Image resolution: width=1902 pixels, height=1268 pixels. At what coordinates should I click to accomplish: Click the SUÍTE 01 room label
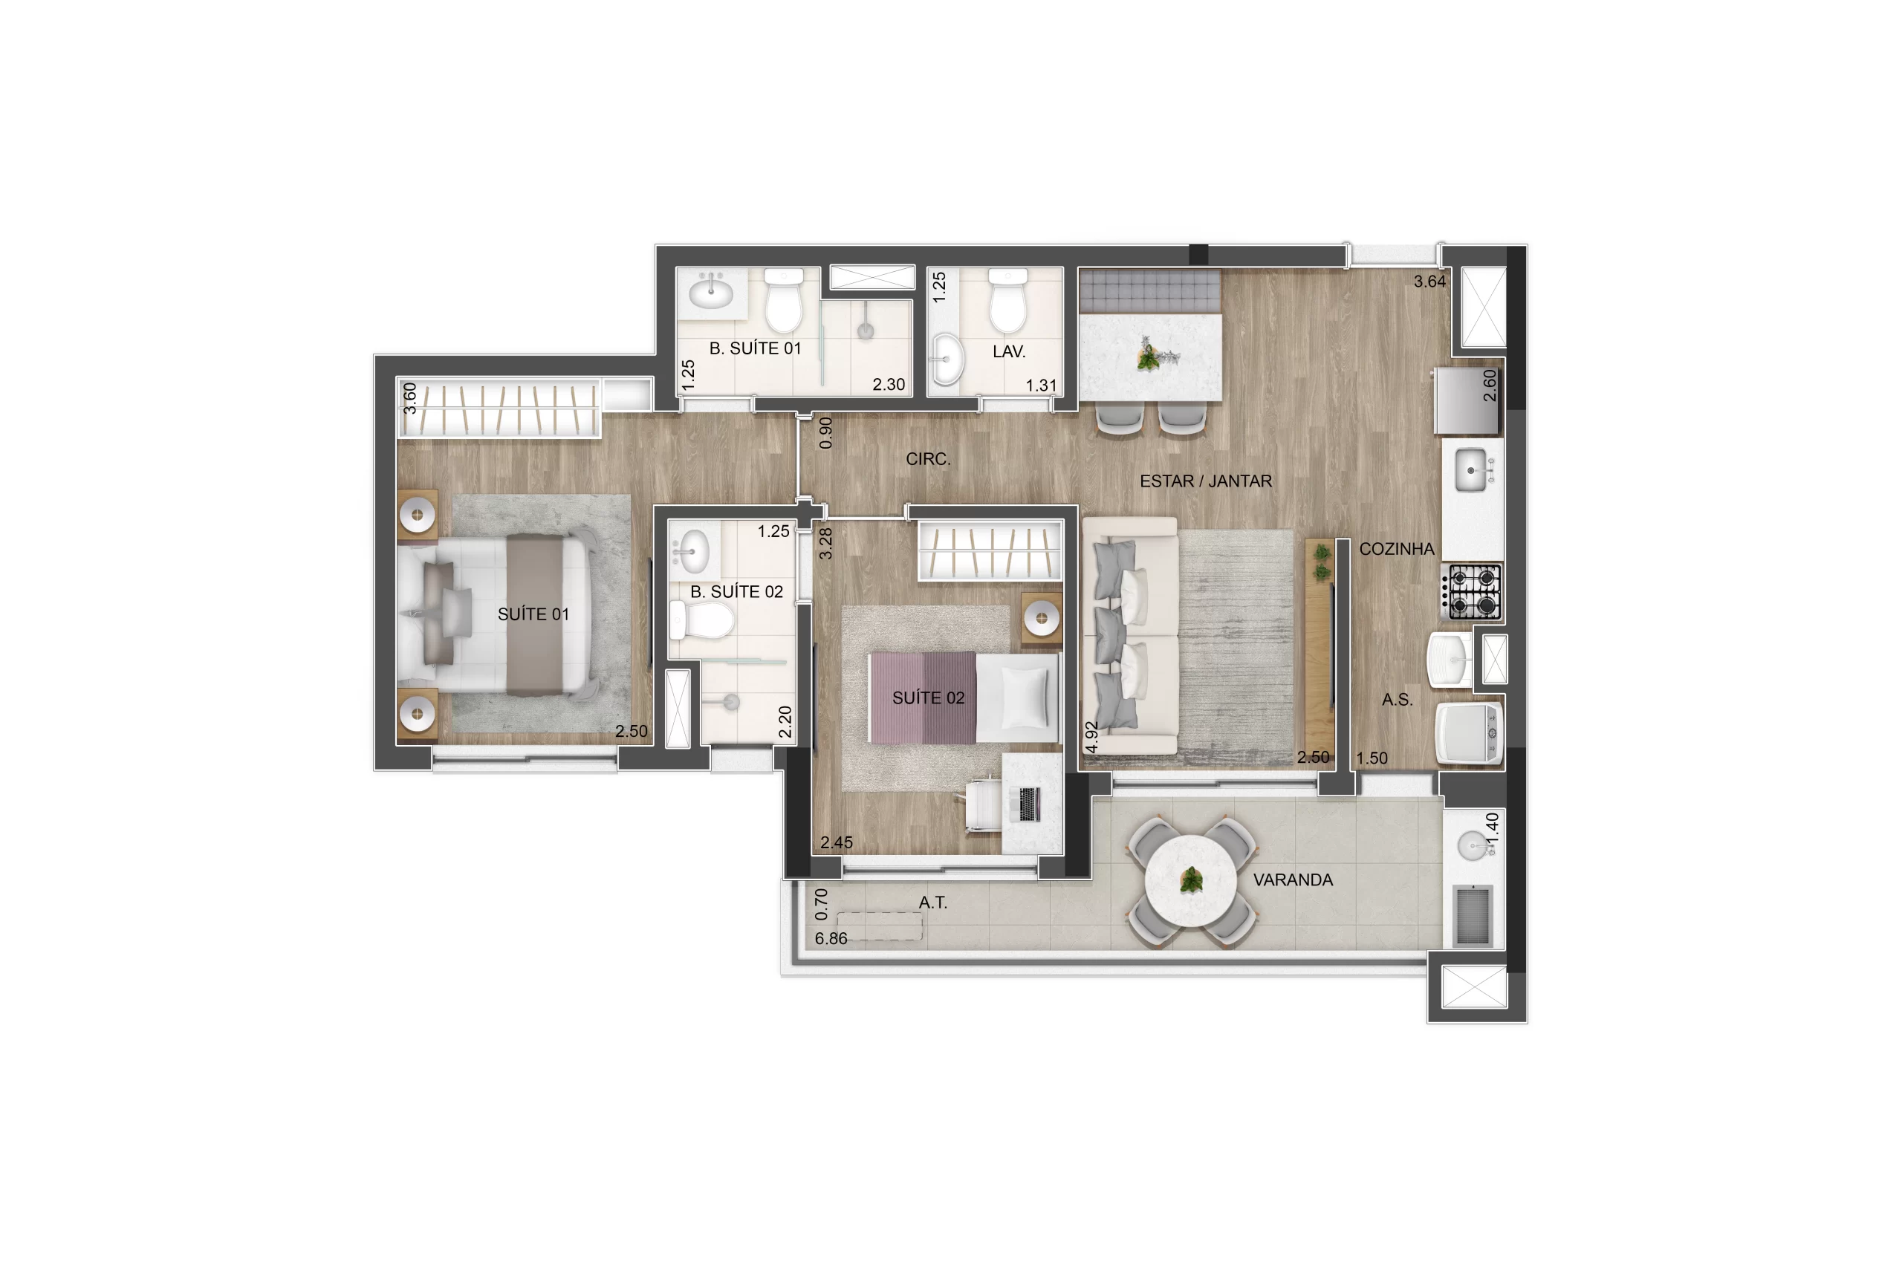pyautogui.click(x=533, y=614)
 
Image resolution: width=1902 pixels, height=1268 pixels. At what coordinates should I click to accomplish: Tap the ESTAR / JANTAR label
pyautogui.click(x=1206, y=481)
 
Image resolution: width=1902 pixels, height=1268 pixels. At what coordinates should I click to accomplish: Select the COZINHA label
pyautogui.click(x=1397, y=549)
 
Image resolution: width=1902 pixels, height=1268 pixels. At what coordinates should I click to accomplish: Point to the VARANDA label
pyautogui.click(x=1293, y=880)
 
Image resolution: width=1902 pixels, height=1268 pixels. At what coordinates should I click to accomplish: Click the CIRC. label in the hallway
pyautogui.click(x=927, y=458)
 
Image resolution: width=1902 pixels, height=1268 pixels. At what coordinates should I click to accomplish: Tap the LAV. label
pyautogui.click(x=1008, y=352)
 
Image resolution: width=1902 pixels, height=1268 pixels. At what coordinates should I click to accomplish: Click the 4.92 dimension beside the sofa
pyautogui.click(x=1091, y=738)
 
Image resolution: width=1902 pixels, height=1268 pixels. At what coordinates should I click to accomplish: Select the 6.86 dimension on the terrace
pyautogui.click(x=831, y=939)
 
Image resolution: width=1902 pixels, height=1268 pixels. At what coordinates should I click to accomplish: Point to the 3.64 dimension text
pyautogui.click(x=1429, y=282)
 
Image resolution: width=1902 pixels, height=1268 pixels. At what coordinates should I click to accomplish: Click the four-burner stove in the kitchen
pyautogui.click(x=1472, y=592)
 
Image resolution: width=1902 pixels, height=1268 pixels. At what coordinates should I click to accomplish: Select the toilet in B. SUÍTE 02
pyautogui.click(x=701, y=621)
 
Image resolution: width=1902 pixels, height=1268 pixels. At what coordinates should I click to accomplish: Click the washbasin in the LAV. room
pyautogui.click(x=947, y=359)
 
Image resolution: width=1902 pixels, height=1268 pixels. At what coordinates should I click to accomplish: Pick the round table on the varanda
pyautogui.click(x=1190, y=881)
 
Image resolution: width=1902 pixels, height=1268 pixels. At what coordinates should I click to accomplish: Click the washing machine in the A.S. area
pyautogui.click(x=1469, y=732)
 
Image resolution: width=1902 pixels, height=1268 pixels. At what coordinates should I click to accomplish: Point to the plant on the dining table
pyautogui.click(x=1149, y=357)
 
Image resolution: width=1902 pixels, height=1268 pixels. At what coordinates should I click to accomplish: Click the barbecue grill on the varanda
pyautogui.click(x=1473, y=914)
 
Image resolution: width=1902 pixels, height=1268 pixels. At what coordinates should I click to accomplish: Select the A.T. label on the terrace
pyautogui.click(x=932, y=903)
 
